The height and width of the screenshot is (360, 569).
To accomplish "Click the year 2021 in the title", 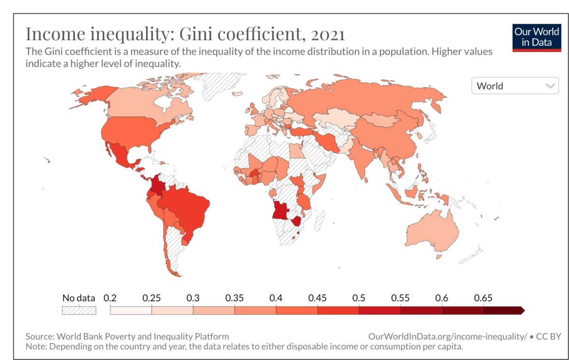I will tap(321, 34).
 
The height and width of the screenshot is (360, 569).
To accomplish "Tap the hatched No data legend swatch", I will tap(79, 311).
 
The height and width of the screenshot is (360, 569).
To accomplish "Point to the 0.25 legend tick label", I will tap(151, 298).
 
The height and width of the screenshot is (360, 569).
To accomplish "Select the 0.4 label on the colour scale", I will tap(276, 298).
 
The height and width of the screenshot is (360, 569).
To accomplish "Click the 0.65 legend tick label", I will tap(483, 298).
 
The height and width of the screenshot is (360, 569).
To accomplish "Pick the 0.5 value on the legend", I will tap(359, 298).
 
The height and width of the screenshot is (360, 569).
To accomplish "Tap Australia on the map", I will tap(431, 232).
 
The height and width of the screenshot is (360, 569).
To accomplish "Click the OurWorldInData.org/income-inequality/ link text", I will tap(447, 336).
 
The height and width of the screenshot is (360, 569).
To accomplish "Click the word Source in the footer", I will tap(39, 336).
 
